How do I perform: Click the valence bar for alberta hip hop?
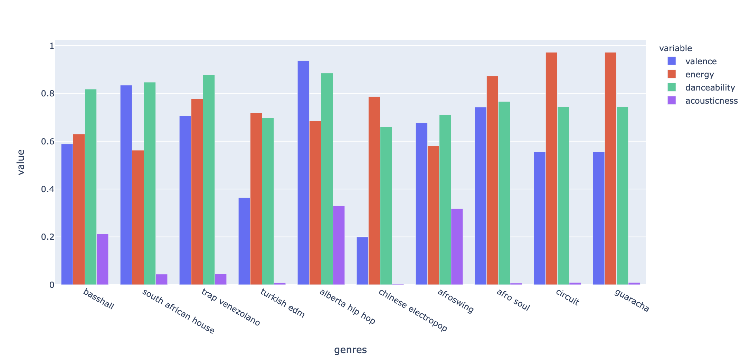click(303, 173)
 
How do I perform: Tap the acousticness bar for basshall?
click(102, 259)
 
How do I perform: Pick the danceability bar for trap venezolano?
click(209, 180)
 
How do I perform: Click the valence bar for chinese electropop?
click(362, 261)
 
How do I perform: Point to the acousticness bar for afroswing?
click(457, 247)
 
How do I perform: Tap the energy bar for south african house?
click(138, 217)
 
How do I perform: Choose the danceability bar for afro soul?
click(504, 193)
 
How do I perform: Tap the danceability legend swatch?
click(672, 87)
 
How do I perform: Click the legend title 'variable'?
click(675, 48)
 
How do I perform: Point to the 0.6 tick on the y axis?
click(48, 142)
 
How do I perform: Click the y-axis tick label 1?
click(51, 46)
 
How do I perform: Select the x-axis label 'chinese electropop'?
click(413, 310)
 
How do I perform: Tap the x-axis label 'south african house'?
click(178, 311)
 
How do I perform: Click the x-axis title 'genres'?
click(350, 350)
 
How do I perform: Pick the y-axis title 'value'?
click(21, 162)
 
